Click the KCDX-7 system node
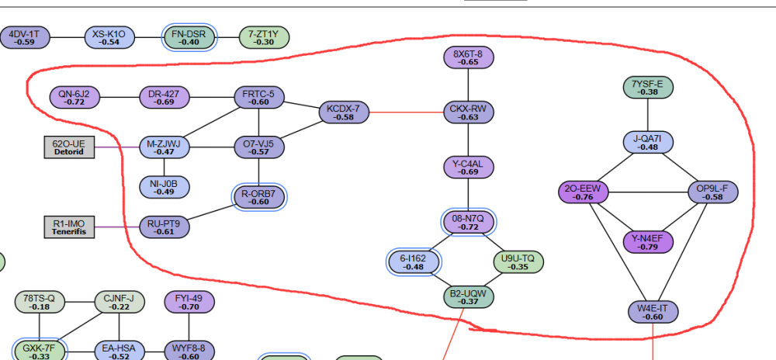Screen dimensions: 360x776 pos(342,112)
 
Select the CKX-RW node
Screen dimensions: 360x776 pos(469,112)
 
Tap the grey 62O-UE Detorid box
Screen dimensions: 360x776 pos(69,147)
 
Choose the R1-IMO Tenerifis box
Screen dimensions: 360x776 pos(69,227)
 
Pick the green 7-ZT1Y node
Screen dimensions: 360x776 pos(264,36)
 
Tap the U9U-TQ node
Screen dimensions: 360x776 pos(518,262)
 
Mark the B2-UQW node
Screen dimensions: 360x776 pos(468,296)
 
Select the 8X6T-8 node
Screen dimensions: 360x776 pos(468,57)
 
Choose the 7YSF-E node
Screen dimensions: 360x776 pos(648,88)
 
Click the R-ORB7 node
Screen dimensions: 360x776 pos(258,198)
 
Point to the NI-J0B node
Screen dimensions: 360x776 pos(164,187)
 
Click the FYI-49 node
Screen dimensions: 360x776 pos(189,301)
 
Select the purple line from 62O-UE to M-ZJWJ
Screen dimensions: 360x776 pos(116,147)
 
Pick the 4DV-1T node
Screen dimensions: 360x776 pos(25,36)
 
